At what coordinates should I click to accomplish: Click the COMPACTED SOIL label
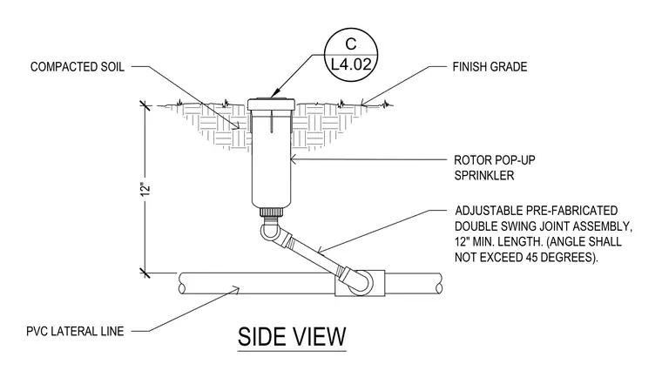pos(78,67)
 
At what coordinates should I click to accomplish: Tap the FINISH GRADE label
pos(490,67)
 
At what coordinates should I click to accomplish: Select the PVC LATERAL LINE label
pos(75,331)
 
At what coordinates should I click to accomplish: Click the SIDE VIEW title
pos(292,336)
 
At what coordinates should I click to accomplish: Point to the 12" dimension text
pos(145,189)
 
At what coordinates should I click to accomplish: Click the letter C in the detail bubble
pos(351,44)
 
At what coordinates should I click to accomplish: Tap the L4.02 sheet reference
pos(351,64)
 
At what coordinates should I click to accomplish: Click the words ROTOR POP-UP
pos(495,160)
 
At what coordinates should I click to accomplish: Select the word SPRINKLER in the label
pos(483,176)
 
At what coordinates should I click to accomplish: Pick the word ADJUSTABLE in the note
pos(489,211)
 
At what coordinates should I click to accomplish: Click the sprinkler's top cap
pos(271,104)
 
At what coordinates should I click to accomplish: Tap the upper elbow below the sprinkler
pos(268,232)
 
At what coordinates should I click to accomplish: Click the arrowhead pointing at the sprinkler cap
pos(275,94)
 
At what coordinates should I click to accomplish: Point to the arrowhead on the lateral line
pos(235,290)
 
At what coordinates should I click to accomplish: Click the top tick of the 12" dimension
pos(145,105)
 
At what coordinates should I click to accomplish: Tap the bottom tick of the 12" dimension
pos(145,273)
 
